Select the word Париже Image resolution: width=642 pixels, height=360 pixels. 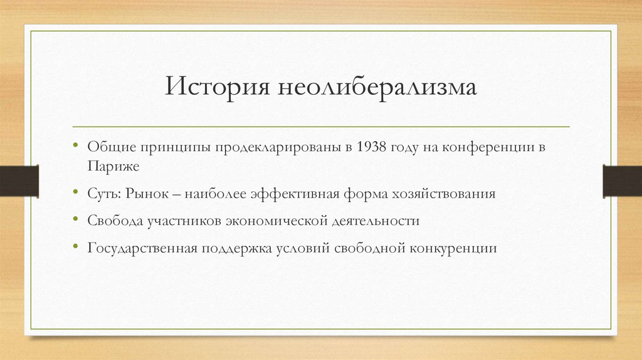[x=109, y=166]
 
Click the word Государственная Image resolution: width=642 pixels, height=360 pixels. [x=142, y=248]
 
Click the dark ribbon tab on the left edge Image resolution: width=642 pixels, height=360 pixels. [x=19, y=180]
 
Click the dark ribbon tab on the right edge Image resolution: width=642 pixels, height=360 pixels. [x=622, y=180]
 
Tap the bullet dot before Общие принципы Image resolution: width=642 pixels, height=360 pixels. [x=75, y=146]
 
